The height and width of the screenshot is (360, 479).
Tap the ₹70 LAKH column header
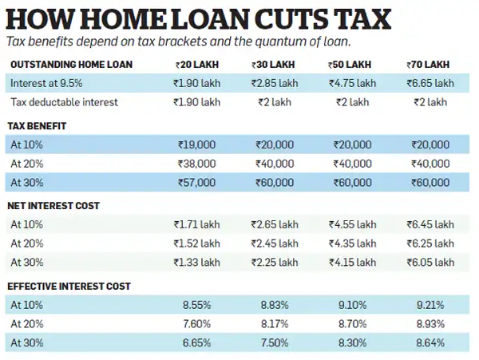(x=430, y=65)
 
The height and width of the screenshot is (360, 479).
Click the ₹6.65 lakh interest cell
(x=430, y=84)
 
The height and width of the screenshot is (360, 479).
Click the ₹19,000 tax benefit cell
(x=196, y=145)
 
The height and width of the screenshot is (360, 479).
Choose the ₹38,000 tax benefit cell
(x=196, y=164)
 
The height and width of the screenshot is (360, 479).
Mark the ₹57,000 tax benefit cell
(x=196, y=182)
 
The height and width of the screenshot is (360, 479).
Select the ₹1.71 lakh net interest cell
(x=196, y=225)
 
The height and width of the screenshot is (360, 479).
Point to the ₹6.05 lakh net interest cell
(x=430, y=262)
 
